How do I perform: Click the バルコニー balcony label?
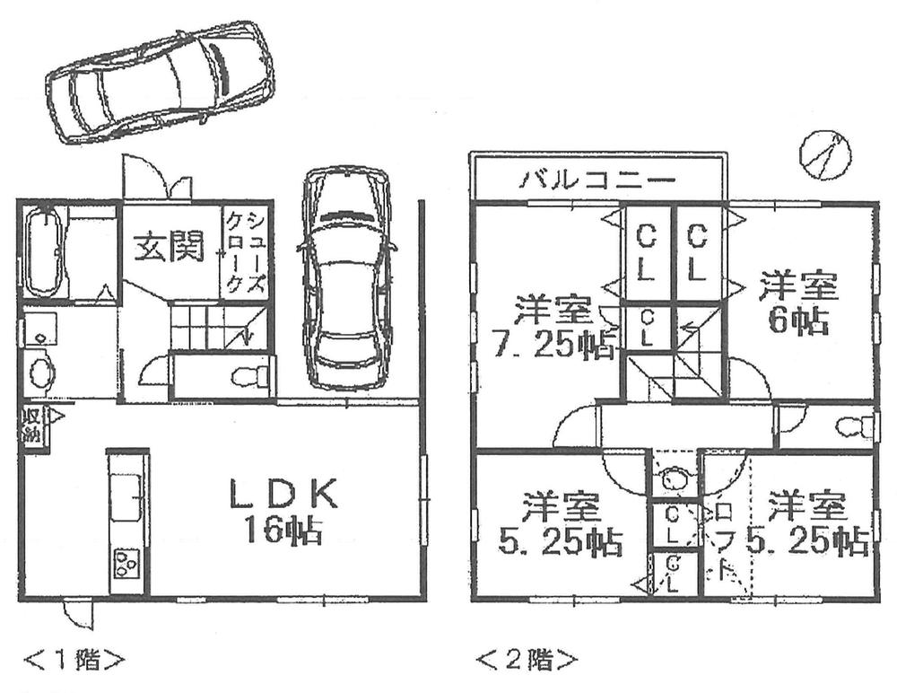(596, 180)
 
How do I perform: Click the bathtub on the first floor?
(43, 251)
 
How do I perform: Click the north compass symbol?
(823, 154)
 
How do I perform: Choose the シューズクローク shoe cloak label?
(245, 250)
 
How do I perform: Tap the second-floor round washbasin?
(674, 480)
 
